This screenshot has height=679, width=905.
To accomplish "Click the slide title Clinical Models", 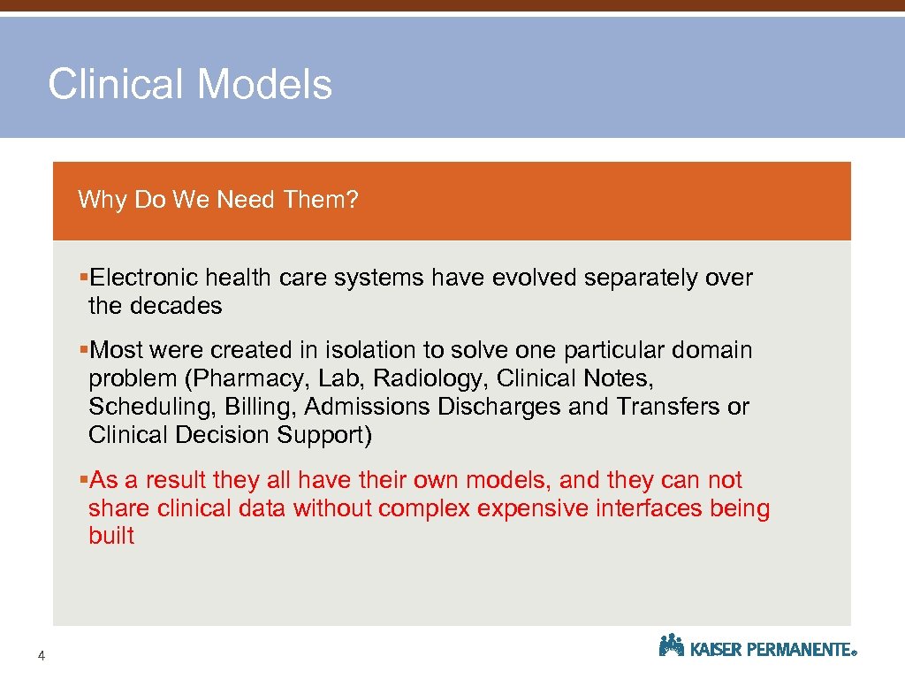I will [x=190, y=85].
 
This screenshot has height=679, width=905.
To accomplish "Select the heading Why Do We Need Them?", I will [x=218, y=200].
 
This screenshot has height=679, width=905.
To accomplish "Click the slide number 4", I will [x=42, y=655].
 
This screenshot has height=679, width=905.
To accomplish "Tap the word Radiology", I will [x=428, y=378].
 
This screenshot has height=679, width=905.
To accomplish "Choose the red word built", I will [x=111, y=536].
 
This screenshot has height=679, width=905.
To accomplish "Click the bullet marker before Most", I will [x=83, y=350].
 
